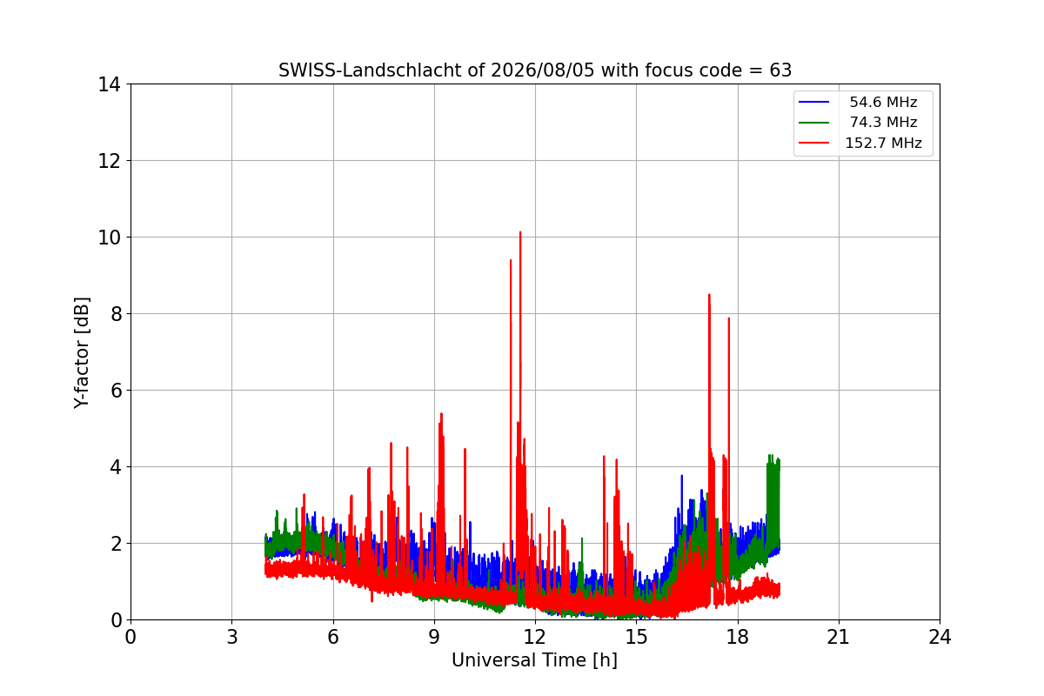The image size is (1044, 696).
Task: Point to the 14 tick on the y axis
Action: click(x=109, y=85)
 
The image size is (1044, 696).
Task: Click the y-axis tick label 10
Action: click(x=109, y=238)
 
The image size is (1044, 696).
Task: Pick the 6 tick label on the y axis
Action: click(x=116, y=391)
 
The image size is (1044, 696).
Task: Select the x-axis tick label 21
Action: click(x=839, y=637)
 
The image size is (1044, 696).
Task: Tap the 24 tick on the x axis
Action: click(x=940, y=637)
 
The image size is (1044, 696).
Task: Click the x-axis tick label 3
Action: click(x=232, y=637)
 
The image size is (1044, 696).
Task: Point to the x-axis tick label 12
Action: click(x=535, y=637)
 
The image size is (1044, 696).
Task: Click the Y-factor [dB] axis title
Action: click(x=82, y=353)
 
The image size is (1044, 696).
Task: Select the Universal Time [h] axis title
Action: click(x=534, y=660)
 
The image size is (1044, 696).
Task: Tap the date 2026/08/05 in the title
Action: click(x=543, y=70)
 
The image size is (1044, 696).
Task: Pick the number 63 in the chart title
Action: click(x=780, y=70)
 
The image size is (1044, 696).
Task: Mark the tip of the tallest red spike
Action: click(x=520, y=232)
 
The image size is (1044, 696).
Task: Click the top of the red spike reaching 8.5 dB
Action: click(x=709, y=295)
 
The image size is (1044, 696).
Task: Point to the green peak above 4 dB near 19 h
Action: click(x=770, y=456)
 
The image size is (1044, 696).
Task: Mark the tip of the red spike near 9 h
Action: click(x=441, y=413)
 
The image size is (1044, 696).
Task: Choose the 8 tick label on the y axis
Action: click(x=116, y=314)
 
